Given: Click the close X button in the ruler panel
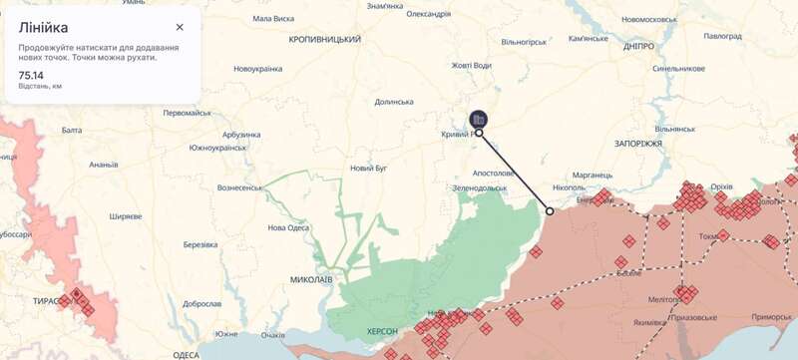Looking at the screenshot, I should (x=180, y=28).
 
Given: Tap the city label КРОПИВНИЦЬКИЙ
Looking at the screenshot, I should (x=325, y=39).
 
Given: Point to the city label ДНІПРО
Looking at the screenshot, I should (x=638, y=47).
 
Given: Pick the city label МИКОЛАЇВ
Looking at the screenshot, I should (x=311, y=279).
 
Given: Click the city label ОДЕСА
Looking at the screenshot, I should (x=187, y=355).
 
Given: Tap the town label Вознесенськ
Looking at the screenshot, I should (x=239, y=187).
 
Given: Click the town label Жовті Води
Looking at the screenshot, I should (x=471, y=66).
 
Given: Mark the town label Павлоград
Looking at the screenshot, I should (x=722, y=36).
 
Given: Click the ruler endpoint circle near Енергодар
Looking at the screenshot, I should (x=550, y=211).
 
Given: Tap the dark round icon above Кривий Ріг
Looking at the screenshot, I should (x=479, y=119).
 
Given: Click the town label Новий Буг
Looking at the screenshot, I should (x=368, y=169).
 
